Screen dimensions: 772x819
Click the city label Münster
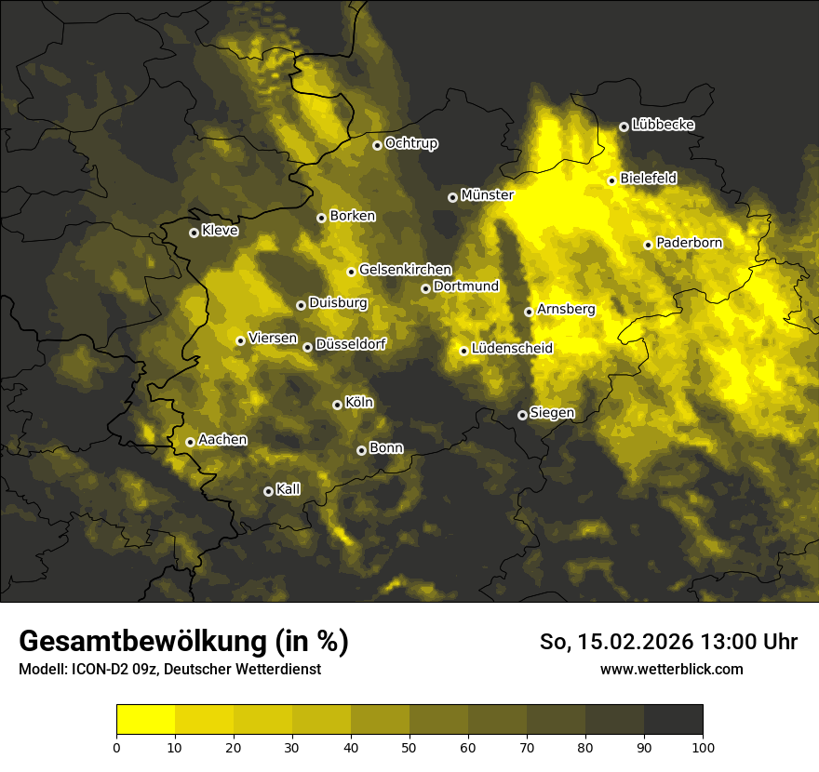coord(488,195)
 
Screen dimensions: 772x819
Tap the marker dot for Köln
coord(337,405)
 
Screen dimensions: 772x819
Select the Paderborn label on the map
coord(690,243)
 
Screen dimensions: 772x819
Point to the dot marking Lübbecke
coord(624,126)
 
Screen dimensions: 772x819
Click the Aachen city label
coord(222,440)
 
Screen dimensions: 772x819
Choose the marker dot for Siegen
coord(522,415)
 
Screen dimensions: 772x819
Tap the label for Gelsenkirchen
coord(405,270)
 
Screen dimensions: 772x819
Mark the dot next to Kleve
coord(194,233)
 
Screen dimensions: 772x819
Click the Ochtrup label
coord(411,143)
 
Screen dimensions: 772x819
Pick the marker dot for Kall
coord(268,491)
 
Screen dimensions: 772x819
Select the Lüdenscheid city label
coord(512,349)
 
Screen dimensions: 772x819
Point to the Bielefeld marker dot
coord(611,180)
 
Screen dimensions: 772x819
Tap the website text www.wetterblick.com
coord(671,669)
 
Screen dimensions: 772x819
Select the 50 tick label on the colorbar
coord(409,746)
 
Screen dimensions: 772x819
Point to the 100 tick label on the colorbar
coord(703,746)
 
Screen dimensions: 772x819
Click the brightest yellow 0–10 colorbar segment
coord(145,720)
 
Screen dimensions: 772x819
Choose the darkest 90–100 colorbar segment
coord(673,720)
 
